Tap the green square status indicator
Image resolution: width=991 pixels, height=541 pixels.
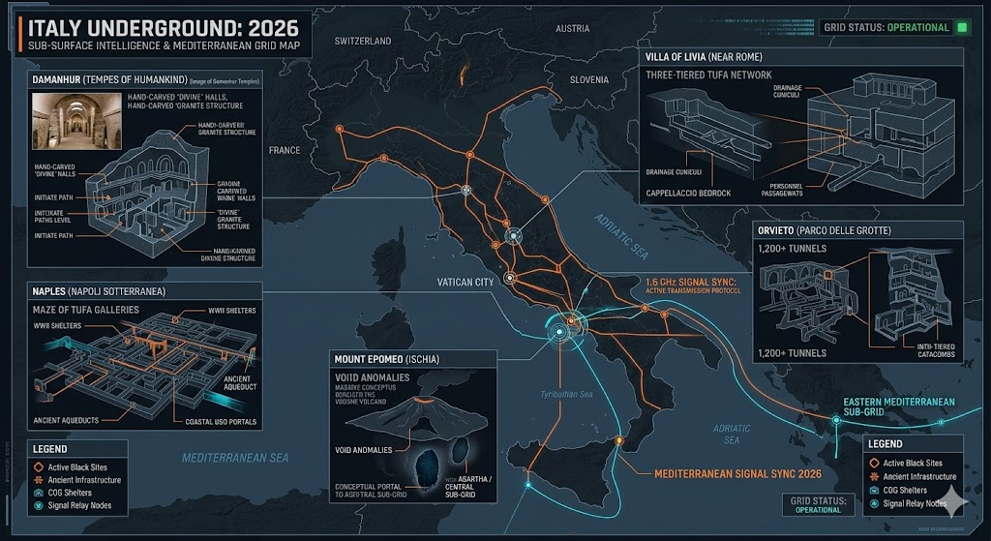962,27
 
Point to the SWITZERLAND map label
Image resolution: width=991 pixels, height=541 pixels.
363,42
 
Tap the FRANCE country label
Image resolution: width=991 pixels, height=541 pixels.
285,151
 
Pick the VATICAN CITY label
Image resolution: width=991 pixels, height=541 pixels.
465,282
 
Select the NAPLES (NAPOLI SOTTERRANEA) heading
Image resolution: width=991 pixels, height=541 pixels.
97,290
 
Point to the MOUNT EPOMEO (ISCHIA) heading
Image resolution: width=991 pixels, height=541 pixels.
386,359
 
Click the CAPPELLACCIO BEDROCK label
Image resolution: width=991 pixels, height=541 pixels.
691,192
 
